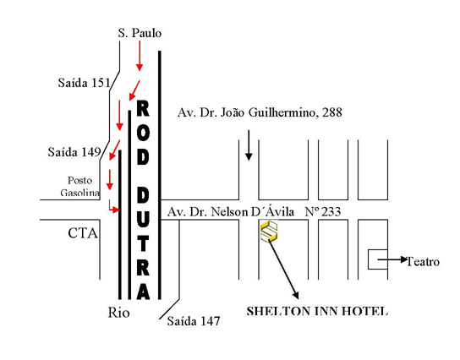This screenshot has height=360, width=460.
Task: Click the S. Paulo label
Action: click(x=140, y=33)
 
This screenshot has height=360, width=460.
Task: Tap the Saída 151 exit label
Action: click(x=85, y=83)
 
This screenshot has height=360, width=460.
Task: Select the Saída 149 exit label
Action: click(x=74, y=152)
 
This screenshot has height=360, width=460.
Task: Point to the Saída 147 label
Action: click(x=194, y=321)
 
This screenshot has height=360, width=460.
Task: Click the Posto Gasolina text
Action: click(x=79, y=187)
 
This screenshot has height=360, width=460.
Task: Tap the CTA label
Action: click(x=83, y=233)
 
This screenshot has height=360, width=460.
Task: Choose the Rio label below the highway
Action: click(x=119, y=313)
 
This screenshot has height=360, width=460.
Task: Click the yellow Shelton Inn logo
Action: click(x=269, y=232)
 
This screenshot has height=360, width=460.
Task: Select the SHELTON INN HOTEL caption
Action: click(x=317, y=311)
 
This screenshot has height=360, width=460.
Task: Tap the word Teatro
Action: click(x=423, y=261)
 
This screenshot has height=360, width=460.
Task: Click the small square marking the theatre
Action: click(x=378, y=259)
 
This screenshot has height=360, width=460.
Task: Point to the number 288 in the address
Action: click(x=332, y=112)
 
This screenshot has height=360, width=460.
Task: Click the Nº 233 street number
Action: click(x=323, y=211)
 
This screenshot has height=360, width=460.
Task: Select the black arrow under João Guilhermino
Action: click(x=249, y=145)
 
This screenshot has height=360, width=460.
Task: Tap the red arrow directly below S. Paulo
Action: click(x=140, y=56)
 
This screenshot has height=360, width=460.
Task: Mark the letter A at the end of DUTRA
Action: click(x=143, y=292)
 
